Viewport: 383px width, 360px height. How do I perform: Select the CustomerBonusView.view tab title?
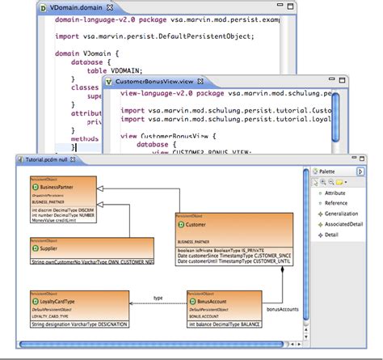(153, 83)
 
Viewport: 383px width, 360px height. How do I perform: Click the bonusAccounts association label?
(283, 308)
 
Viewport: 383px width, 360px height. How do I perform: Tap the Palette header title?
(327, 172)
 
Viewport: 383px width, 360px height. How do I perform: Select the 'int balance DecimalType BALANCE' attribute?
(225, 323)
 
